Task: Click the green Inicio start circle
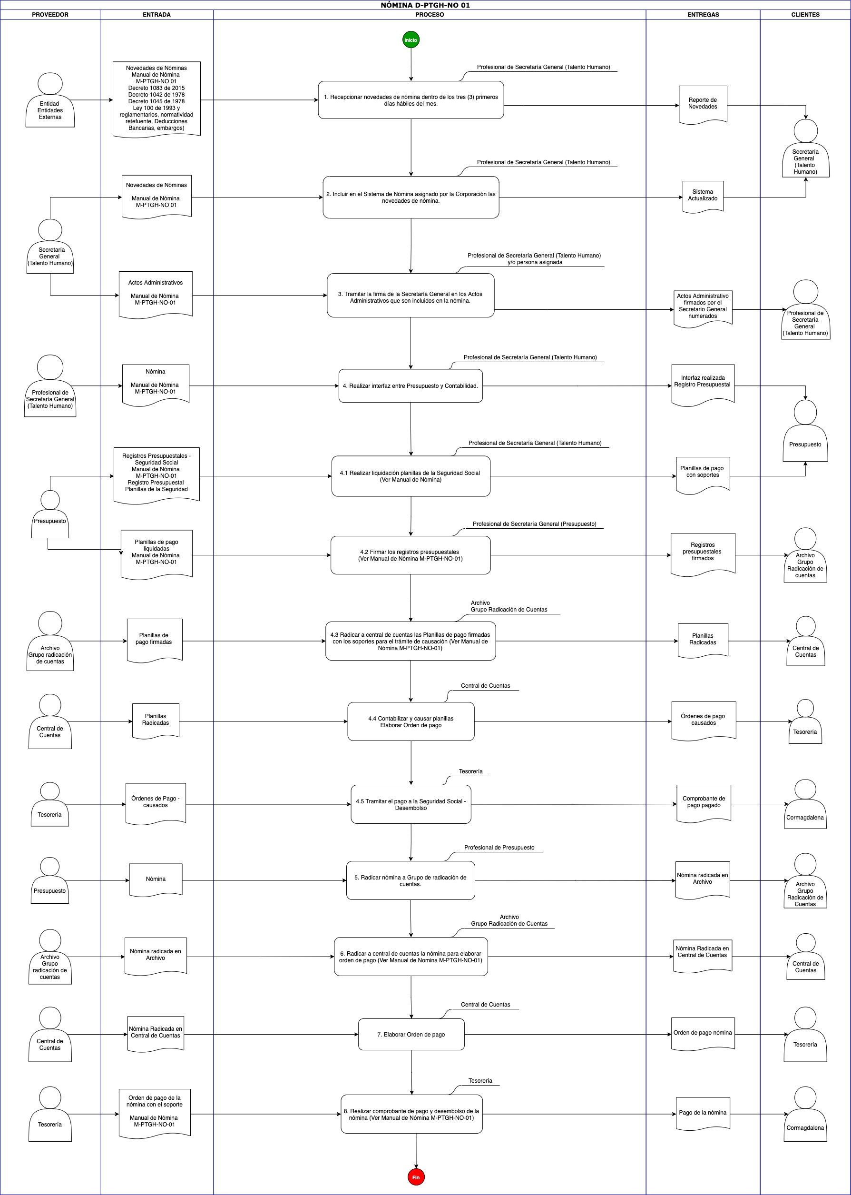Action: point(411,40)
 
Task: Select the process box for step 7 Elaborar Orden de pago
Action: point(411,1034)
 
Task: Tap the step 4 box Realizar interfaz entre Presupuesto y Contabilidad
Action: point(411,386)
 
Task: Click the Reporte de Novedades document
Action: point(703,104)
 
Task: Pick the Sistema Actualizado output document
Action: point(703,197)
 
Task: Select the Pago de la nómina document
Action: point(703,1113)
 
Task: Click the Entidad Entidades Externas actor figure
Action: point(50,100)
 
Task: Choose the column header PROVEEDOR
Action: point(50,15)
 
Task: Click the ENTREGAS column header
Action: point(703,15)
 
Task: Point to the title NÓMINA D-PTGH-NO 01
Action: point(425,5)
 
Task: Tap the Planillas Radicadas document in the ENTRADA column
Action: point(156,721)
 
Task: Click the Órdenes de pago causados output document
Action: point(703,721)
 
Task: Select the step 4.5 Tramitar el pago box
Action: point(411,804)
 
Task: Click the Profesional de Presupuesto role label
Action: point(499,848)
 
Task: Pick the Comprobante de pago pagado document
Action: point(704,803)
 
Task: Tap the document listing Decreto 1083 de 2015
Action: point(156,99)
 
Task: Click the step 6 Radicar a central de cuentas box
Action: point(411,957)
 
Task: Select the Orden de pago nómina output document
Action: point(703,1034)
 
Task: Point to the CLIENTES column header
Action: point(805,15)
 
